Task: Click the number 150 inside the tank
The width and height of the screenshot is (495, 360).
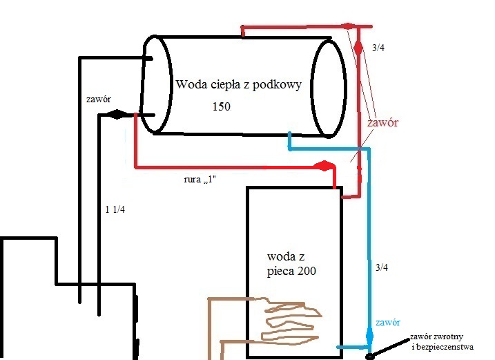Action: [222, 106]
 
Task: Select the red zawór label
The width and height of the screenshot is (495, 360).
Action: [382, 122]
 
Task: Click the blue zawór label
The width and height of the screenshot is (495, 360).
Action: [388, 323]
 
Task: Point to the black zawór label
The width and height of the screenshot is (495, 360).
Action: [99, 100]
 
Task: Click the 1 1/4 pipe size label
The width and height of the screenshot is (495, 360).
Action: [115, 209]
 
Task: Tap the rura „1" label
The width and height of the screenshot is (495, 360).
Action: [200, 180]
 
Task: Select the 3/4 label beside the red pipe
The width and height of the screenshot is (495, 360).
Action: [378, 48]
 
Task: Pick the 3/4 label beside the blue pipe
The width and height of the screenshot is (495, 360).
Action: [382, 267]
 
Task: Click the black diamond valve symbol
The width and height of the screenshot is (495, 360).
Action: [117, 114]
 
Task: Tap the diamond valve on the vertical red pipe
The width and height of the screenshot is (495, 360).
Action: [358, 48]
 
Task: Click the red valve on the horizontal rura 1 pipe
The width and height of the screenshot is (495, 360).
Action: [324, 166]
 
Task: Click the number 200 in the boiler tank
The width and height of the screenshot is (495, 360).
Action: [307, 271]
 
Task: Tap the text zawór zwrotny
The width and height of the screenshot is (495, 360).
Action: [436, 337]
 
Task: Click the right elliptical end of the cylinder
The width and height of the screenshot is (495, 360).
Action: [329, 88]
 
